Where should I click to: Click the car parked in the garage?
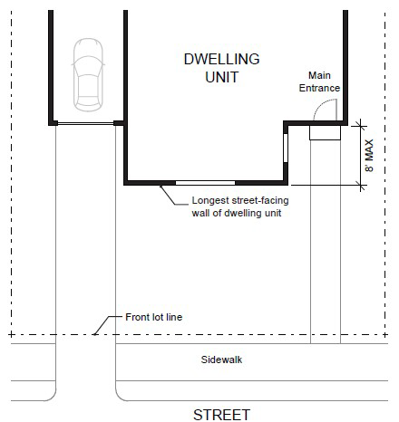click(88, 75)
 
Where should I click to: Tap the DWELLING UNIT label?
click(222, 68)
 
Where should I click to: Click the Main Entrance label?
click(319, 82)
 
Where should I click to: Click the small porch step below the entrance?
click(325, 132)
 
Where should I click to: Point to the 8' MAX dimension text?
click(369, 156)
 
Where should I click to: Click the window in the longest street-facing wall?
click(205, 183)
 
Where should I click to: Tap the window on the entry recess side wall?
click(286, 148)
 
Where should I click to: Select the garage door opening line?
click(85, 123)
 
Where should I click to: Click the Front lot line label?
click(154, 317)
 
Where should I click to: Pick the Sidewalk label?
click(221, 360)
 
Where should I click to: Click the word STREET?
click(221, 415)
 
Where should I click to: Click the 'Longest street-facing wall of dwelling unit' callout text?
click(240, 206)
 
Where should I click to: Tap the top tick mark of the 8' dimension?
click(360, 126)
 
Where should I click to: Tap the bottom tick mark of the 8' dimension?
click(360, 185)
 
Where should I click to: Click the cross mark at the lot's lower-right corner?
click(384, 334)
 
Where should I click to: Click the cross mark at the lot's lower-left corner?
click(11, 334)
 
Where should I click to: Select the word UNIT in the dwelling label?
click(222, 77)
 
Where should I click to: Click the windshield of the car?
click(88, 66)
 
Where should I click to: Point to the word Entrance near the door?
click(319, 88)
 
